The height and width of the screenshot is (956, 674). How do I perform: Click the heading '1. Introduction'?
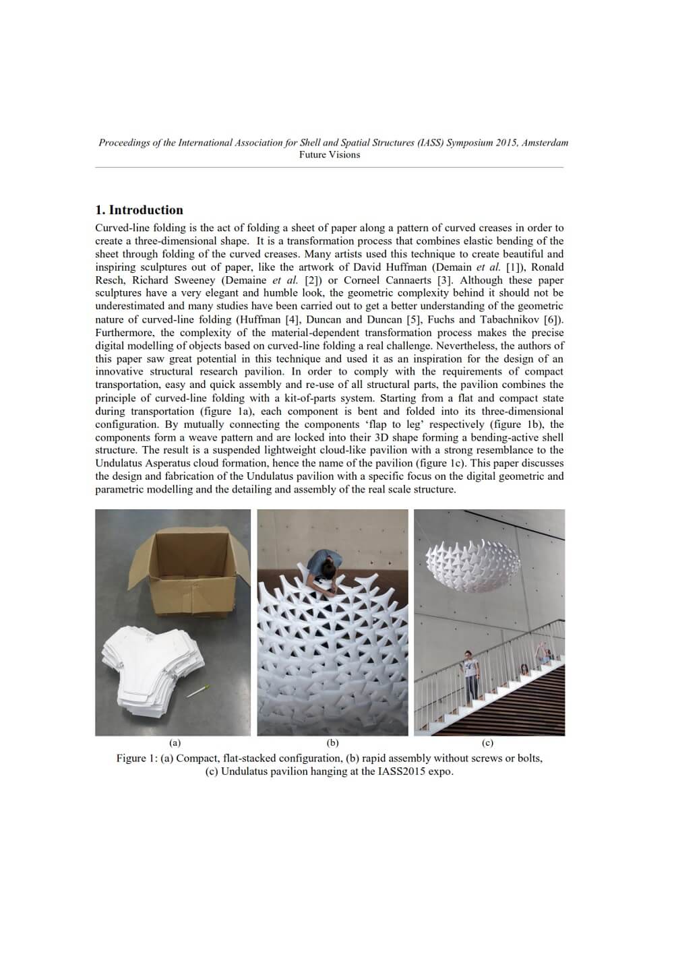coord(140,210)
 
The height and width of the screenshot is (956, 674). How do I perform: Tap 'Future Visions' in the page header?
coord(330,155)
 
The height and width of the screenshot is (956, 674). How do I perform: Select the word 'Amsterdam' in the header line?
coord(545,143)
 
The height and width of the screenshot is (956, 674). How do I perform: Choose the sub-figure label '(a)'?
coord(175,743)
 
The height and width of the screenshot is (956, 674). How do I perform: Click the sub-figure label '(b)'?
coord(332,743)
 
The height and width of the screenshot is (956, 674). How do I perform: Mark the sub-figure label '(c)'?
coord(488,743)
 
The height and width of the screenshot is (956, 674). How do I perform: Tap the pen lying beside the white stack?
coord(198,692)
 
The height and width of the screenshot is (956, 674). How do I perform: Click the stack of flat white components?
coord(152,667)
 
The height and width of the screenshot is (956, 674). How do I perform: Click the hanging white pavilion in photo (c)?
coord(472,559)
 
